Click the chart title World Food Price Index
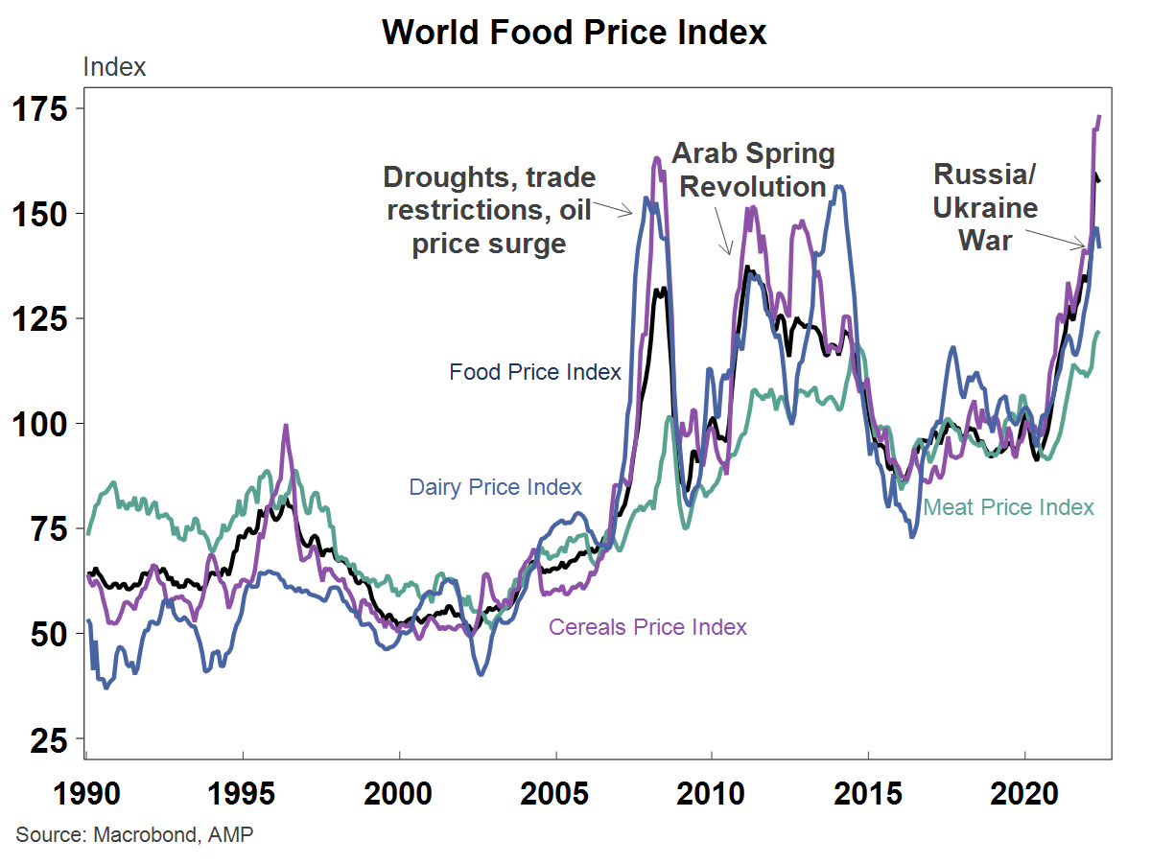click(x=575, y=32)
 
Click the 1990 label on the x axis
click(x=87, y=795)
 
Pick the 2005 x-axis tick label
click(x=555, y=795)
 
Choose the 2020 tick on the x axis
click(x=1024, y=795)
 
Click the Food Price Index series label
click(x=535, y=372)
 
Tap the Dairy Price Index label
click(x=495, y=487)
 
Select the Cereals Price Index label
click(x=647, y=627)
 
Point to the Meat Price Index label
click(x=1008, y=507)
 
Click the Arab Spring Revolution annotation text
click(x=753, y=170)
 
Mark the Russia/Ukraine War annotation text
click(x=985, y=207)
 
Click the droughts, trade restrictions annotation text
click(x=489, y=211)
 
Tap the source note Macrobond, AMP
click(x=134, y=834)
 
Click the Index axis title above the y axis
click(x=115, y=67)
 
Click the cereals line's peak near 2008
click(x=657, y=158)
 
